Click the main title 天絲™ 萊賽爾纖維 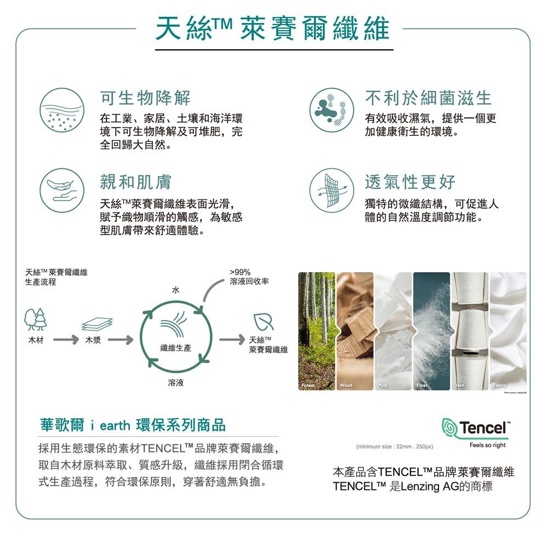click(272, 28)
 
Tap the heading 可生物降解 click(145, 99)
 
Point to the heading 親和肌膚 click(135, 181)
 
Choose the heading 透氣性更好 click(410, 181)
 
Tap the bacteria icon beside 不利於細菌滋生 click(329, 109)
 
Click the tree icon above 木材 click(36, 319)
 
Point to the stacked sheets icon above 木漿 click(97, 324)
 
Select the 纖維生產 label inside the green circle click(175, 349)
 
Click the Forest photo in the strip click(316, 331)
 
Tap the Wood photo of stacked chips click(354, 331)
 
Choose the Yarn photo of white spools click(469, 331)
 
